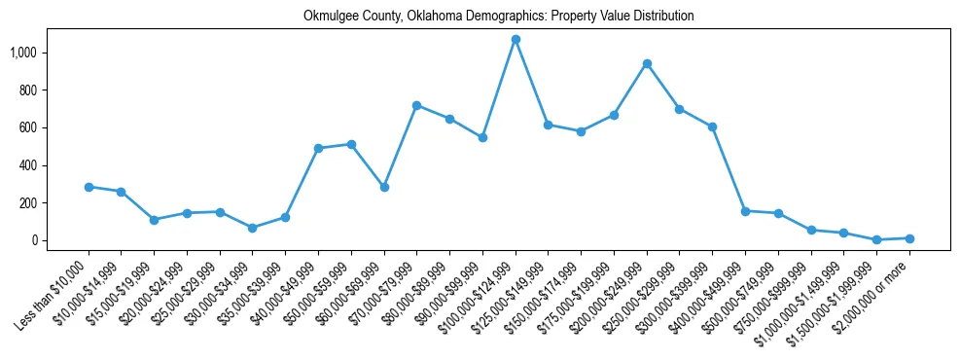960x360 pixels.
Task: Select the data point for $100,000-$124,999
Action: (x=516, y=39)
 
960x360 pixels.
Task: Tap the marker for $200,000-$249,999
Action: (x=647, y=63)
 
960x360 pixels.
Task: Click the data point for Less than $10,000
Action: (x=89, y=187)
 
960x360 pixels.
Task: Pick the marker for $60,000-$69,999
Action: (x=384, y=187)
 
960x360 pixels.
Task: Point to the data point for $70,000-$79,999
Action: (x=416, y=105)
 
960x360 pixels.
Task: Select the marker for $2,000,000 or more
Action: (x=909, y=238)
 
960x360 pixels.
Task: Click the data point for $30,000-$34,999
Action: (x=253, y=228)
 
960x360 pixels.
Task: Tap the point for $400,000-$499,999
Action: (x=745, y=211)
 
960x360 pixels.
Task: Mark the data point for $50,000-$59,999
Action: (x=351, y=144)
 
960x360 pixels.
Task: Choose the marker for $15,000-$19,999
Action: (x=154, y=220)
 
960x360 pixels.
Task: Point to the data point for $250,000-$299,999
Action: (x=679, y=109)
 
